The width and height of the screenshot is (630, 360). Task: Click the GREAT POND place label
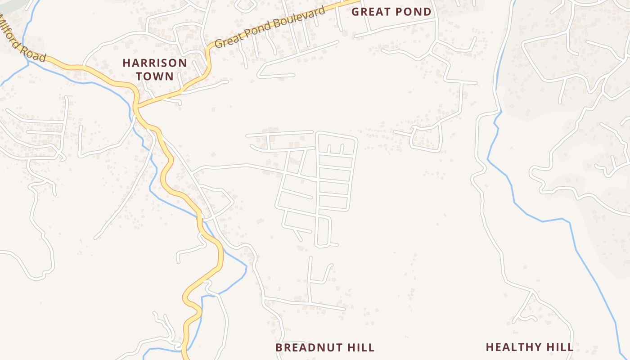tap(391, 12)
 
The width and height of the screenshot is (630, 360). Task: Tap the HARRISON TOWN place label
tap(155, 69)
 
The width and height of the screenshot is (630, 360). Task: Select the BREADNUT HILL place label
tap(325, 347)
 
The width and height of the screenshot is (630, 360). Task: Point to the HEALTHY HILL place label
tap(530, 347)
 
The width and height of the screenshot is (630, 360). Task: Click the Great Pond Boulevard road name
tap(270, 27)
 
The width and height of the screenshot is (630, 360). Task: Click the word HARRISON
tap(155, 63)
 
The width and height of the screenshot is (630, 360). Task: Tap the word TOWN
tap(155, 76)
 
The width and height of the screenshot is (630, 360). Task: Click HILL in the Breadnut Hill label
tap(360, 347)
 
